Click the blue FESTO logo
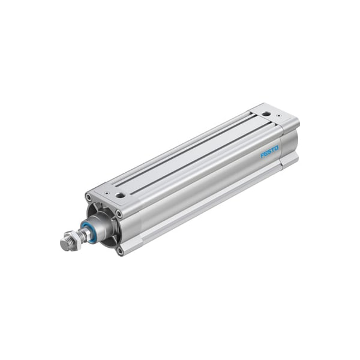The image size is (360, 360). pos(269,152)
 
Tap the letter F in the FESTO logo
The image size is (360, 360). pos(262,155)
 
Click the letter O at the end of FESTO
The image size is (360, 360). pos(276,148)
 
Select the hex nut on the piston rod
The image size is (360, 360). pos(74,239)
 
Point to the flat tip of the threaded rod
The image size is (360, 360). pos(65,245)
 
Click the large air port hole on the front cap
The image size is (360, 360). pos(120,196)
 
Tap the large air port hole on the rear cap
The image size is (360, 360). pos(266,113)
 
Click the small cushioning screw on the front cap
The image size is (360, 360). pos(106,193)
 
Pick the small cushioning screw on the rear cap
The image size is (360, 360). pos(279,116)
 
